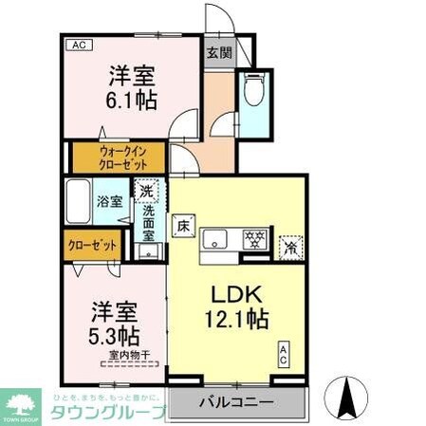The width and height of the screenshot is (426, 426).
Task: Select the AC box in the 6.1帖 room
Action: pos(78,45)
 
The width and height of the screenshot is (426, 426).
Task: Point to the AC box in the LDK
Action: pos(283,356)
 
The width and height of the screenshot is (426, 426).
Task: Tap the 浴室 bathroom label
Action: pos(109,201)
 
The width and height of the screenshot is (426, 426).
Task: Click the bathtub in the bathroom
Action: pos(80,201)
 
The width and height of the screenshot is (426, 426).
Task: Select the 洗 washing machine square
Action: pos(146,192)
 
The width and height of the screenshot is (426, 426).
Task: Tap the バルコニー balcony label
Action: pos(235,402)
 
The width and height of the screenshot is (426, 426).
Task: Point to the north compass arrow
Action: pos(344,393)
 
